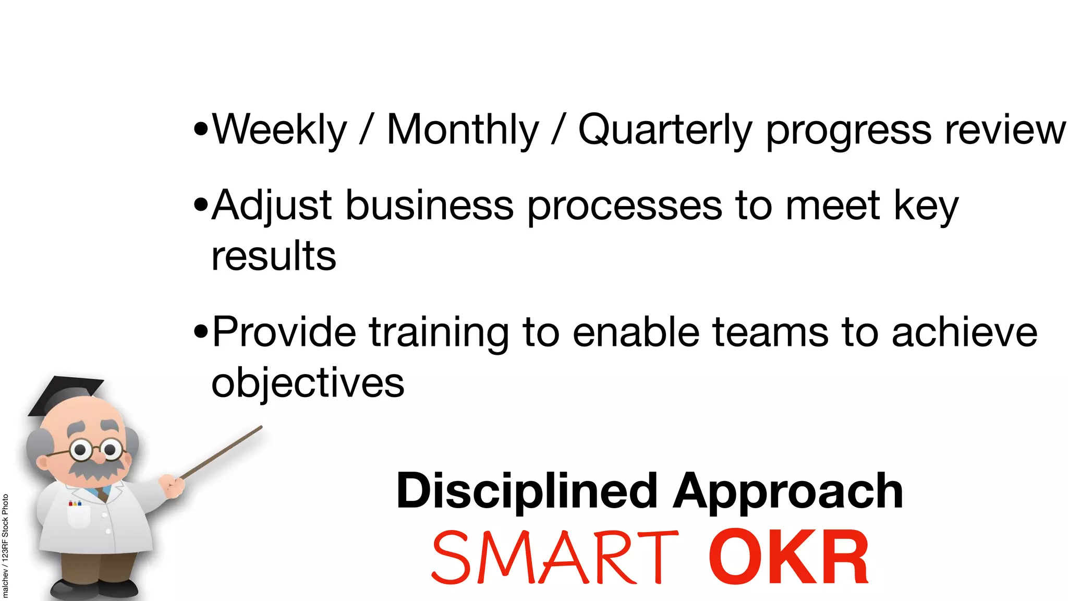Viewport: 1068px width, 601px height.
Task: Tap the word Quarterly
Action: pos(665,130)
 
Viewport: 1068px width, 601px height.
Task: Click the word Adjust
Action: pos(271,206)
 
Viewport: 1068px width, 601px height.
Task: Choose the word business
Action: pos(430,206)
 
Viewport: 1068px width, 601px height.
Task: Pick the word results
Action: pos(274,256)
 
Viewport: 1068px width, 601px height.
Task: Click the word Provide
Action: pos(284,332)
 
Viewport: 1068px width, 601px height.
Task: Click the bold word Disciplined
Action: pos(527,491)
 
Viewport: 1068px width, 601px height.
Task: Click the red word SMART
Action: pos(555,557)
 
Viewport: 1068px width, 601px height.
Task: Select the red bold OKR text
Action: pos(788,557)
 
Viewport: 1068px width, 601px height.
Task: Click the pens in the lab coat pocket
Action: pos(75,503)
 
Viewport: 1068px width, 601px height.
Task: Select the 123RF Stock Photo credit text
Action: pos(5,545)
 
